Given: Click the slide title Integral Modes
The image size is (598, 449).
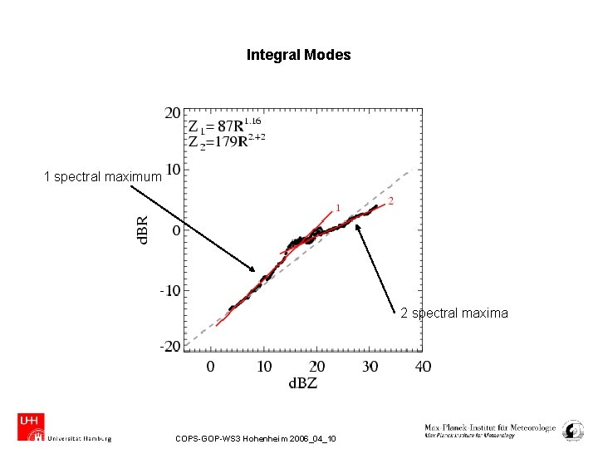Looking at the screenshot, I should [x=298, y=55].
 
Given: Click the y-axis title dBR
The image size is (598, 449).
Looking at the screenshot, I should [x=143, y=230].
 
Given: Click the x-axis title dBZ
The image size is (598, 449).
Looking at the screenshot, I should [x=303, y=382].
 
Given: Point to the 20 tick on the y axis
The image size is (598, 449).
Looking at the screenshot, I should [x=173, y=112].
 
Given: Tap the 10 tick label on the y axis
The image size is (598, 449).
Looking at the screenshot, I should [x=173, y=170].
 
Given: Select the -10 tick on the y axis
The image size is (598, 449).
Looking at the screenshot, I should [x=170, y=291].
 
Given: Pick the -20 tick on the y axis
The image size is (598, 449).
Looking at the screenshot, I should [x=170, y=346].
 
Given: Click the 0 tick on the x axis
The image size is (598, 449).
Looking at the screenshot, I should [x=210, y=366].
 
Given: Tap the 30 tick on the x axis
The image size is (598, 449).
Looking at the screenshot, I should [x=370, y=366].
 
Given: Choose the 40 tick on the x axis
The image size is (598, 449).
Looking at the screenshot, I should [x=422, y=366].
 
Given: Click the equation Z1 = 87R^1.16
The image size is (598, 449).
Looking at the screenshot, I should [x=223, y=127].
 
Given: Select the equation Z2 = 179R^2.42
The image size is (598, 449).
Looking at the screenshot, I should [x=227, y=141].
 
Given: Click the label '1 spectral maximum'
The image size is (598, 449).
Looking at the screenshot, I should [x=102, y=176].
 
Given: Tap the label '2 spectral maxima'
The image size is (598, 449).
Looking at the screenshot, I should [x=453, y=313].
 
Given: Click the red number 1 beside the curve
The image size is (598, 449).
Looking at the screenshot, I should [x=338, y=207].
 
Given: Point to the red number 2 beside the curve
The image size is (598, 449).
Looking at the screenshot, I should [x=391, y=200].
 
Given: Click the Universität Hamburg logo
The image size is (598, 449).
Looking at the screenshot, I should [x=64, y=427].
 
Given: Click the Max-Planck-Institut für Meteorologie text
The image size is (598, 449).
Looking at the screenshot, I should [x=490, y=428].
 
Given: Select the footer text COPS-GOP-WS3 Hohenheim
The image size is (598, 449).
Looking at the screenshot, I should [x=256, y=438].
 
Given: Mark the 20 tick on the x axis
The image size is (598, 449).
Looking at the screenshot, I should [x=316, y=366].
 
